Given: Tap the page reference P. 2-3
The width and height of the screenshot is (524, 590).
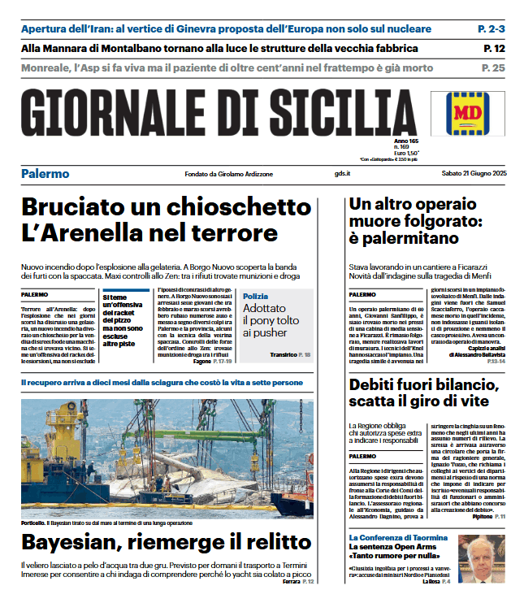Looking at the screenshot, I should pyautogui.click(x=491, y=29).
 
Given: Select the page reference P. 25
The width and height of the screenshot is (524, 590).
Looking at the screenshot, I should pyautogui.click(x=493, y=67).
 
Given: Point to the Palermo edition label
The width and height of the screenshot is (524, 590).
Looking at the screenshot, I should pyautogui.click(x=45, y=174).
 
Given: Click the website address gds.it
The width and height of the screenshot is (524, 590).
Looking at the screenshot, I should pyautogui.click(x=343, y=174).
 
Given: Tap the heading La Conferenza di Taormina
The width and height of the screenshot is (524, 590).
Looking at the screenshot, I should pyautogui.click(x=398, y=538).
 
